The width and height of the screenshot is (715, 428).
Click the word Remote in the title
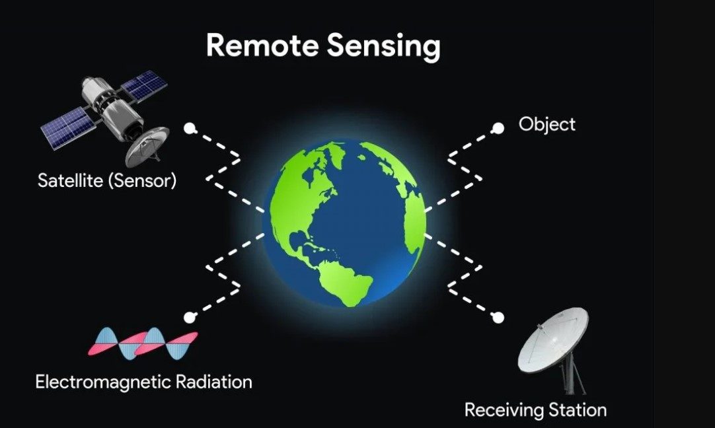pyautogui.click(x=262, y=45)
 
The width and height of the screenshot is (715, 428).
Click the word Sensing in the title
pyautogui.click(x=383, y=47)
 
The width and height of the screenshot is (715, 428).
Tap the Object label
pyautogui.click(x=546, y=124)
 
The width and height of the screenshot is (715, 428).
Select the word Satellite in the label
pyautogui.click(x=70, y=180)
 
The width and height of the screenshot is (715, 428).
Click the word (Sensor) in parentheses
pyautogui.click(x=142, y=181)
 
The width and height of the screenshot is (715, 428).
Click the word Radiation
pyautogui.click(x=214, y=382)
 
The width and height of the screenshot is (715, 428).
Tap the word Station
pyautogui.click(x=578, y=410)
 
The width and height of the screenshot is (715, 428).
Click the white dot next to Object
pyautogui.click(x=498, y=129)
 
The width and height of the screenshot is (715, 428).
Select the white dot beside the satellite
pyautogui.click(x=190, y=129)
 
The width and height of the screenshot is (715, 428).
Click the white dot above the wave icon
pyautogui.click(x=190, y=317)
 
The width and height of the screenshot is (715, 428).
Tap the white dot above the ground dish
pyautogui.click(x=498, y=317)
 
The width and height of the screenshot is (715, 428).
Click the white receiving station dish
pyautogui.click(x=552, y=339)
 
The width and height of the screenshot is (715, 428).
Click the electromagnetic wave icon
pyautogui.click(x=143, y=343)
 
